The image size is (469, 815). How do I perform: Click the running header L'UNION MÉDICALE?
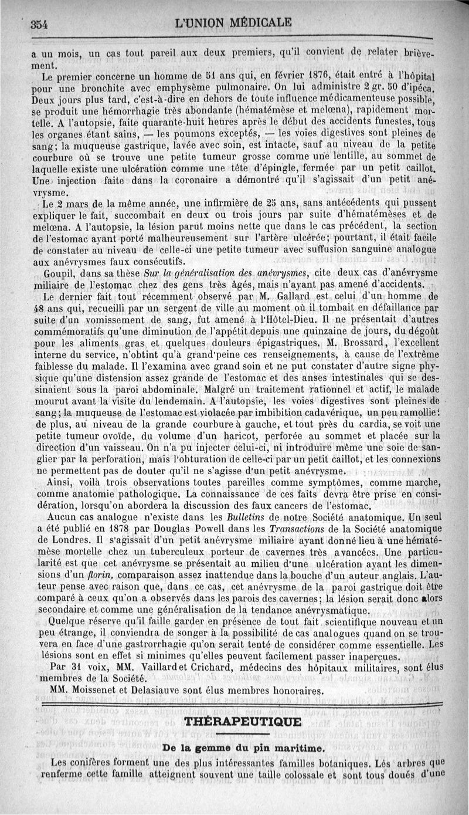pos(234,23)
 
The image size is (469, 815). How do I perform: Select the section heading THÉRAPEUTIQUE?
pos(243,721)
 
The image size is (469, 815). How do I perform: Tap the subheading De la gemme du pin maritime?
pos(243,748)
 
